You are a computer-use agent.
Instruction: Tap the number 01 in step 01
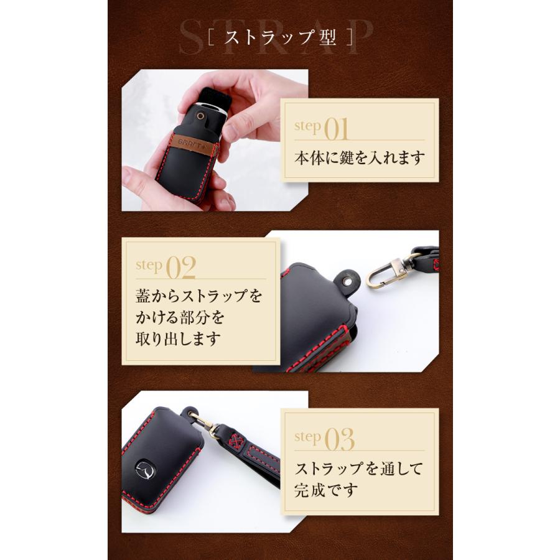coord(336,129)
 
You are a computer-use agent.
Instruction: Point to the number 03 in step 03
coord(340,440)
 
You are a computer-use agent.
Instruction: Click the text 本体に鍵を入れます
coord(360,158)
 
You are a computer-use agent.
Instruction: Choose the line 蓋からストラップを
coord(199,296)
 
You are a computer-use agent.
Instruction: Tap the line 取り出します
coord(178,338)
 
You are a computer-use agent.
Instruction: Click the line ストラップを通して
coord(358,469)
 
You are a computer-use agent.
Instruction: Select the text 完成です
coord(326,490)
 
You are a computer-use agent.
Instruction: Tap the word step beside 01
coord(307,126)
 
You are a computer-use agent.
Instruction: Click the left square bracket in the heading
coord(211,37)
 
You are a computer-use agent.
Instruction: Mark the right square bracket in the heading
coord(350,37)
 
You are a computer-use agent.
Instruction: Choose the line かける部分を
coord(180,317)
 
